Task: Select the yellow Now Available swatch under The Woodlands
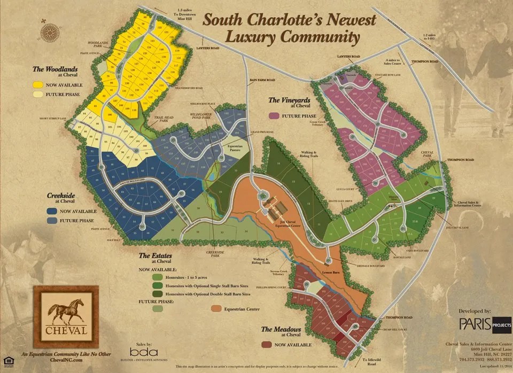tap(38, 84)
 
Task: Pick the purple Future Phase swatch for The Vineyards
tap(275, 115)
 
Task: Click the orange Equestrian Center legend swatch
tap(216, 309)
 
